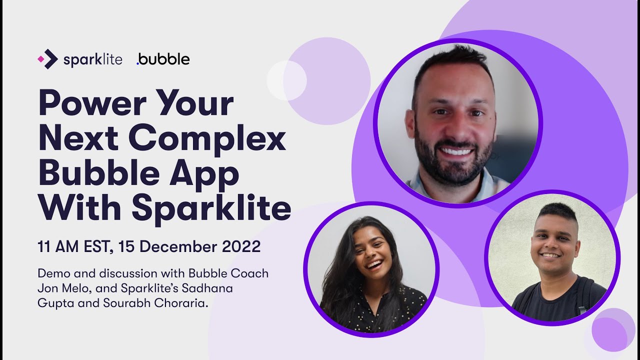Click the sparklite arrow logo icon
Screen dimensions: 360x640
tap(48, 59)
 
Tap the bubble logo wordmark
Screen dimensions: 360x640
tap(163, 59)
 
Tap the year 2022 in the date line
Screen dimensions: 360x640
tap(242, 246)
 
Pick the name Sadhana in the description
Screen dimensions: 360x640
tap(205, 288)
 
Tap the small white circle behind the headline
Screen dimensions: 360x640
tap(286, 80)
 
